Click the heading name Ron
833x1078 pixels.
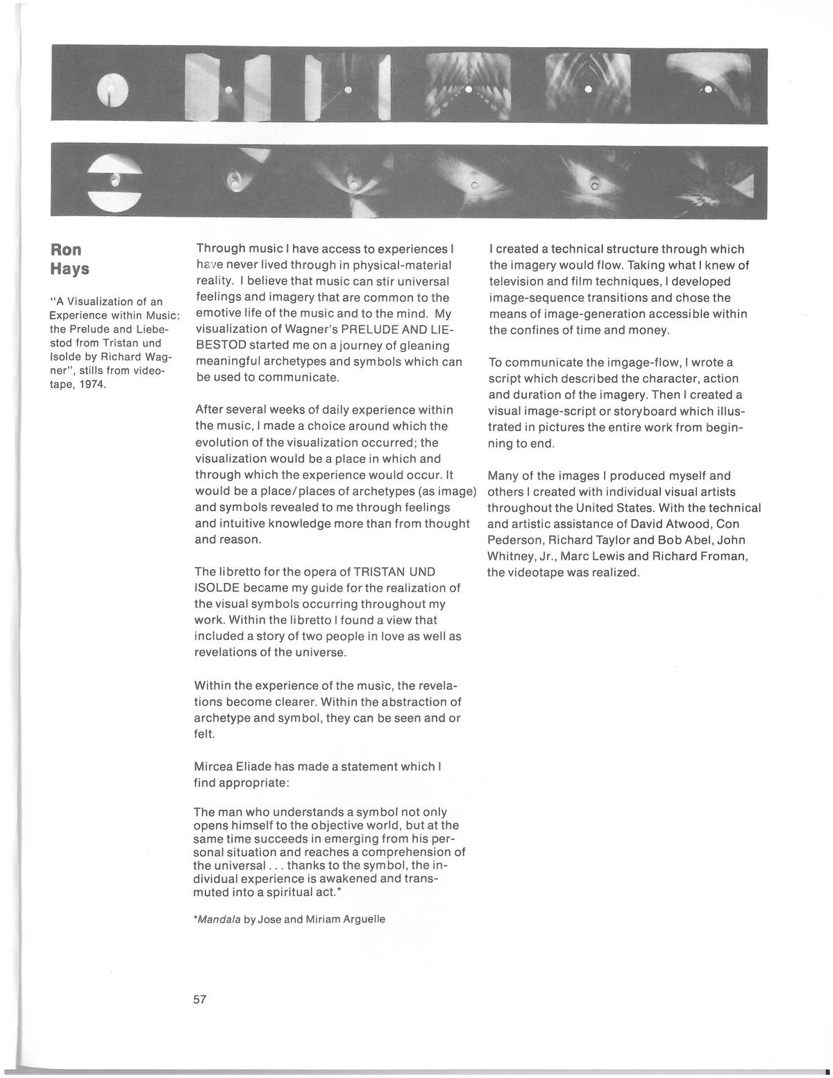[x=66, y=250]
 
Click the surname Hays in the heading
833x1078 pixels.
[x=69, y=269]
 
